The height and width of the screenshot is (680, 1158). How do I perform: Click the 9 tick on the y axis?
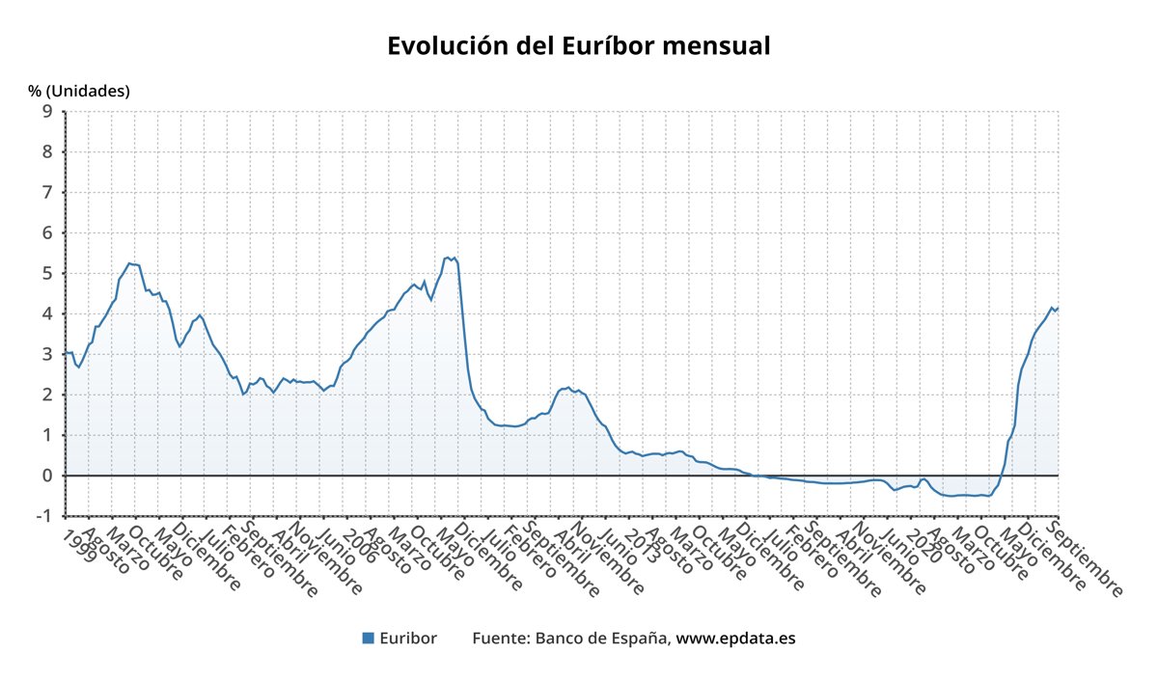point(46,112)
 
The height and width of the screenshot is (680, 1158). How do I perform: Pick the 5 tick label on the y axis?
point(46,274)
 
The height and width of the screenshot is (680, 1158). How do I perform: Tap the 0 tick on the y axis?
point(46,476)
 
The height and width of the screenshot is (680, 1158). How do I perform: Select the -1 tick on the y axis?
point(42,517)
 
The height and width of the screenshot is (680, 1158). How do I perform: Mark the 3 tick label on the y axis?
point(46,355)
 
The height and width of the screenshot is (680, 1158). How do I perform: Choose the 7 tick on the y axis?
point(46,193)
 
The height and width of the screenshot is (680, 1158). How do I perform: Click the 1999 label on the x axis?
point(80,545)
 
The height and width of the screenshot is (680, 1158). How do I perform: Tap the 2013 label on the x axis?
point(640,546)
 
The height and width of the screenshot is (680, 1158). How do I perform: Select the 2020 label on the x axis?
point(920,546)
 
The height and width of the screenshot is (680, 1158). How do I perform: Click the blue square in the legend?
point(368,639)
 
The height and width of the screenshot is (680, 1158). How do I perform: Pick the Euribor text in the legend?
point(408,639)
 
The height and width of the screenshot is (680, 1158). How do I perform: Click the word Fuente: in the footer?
point(501,639)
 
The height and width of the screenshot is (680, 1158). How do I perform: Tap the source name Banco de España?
point(602,639)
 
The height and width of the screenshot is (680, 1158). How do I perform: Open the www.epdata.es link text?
point(735,639)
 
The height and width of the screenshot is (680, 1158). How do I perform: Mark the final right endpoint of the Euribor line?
point(1058,308)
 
